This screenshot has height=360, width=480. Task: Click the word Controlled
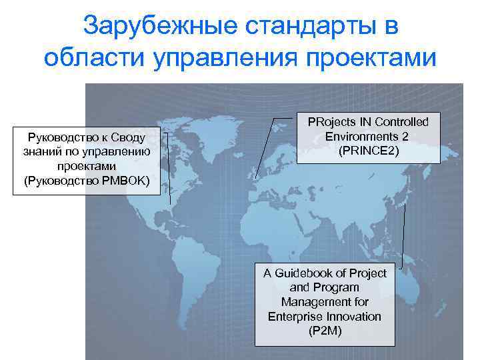[403, 122]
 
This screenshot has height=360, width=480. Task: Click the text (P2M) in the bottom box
[325, 331]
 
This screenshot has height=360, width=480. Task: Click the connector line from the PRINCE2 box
[265, 148]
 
